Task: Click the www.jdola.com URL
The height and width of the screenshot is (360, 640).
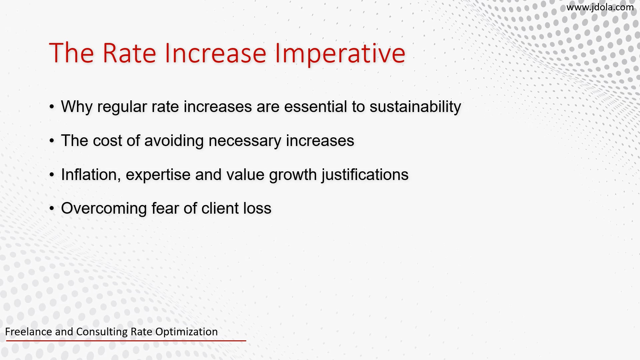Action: pyautogui.click(x=600, y=7)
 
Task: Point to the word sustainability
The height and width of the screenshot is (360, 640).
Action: pyautogui.click(x=415, y=107)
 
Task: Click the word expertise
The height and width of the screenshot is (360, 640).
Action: pyautogui.click(x=158, y=175)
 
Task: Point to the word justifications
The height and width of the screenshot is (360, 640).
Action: pyautogui.click(x=365, y=175)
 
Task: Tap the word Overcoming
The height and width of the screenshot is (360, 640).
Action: pyautogui.click(x=104, y=208)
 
